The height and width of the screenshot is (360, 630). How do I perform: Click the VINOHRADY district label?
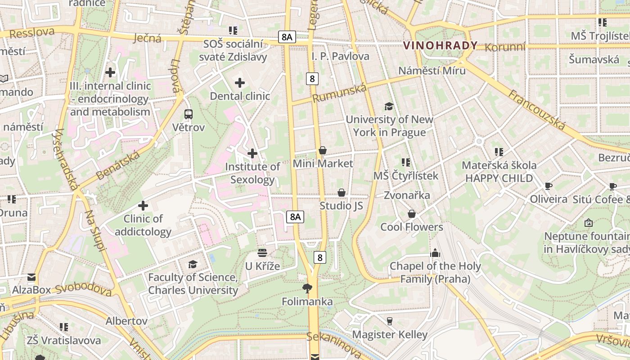click(x=440, y=45)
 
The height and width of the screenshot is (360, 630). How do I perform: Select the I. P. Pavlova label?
click(x=340, y=56)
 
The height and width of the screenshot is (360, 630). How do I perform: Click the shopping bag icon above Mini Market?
click(x=322, y=150)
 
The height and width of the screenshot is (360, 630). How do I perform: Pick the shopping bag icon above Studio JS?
click(x=342, y=193)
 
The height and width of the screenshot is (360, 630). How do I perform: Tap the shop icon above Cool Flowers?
click(x=411, y=214)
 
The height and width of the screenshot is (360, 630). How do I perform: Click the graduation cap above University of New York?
click(x=389, y=106)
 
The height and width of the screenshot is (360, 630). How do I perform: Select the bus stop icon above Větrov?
click(x=189, y=114)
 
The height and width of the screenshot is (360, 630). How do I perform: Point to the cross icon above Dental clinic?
click(x=240, y=83)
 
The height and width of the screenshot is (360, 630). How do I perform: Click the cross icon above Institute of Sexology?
click(x=252, y=153)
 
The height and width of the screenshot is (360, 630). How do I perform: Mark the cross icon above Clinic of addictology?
click(x=143, y=206)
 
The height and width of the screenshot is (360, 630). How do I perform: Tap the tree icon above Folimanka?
click(x=307, y=288)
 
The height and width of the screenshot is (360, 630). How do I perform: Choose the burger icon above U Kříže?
click(x=262, y=253)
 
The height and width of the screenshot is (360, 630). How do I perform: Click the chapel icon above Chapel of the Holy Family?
click(x=435, y=253)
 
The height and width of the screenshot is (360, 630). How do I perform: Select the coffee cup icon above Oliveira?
click(x=548, y=186)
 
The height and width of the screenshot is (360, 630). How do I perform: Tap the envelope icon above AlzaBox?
click(x=31, y=277)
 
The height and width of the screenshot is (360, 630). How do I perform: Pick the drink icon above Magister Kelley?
click(x=390, y=321)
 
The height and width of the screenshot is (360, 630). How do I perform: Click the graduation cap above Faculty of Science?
click(x=193, y=264)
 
